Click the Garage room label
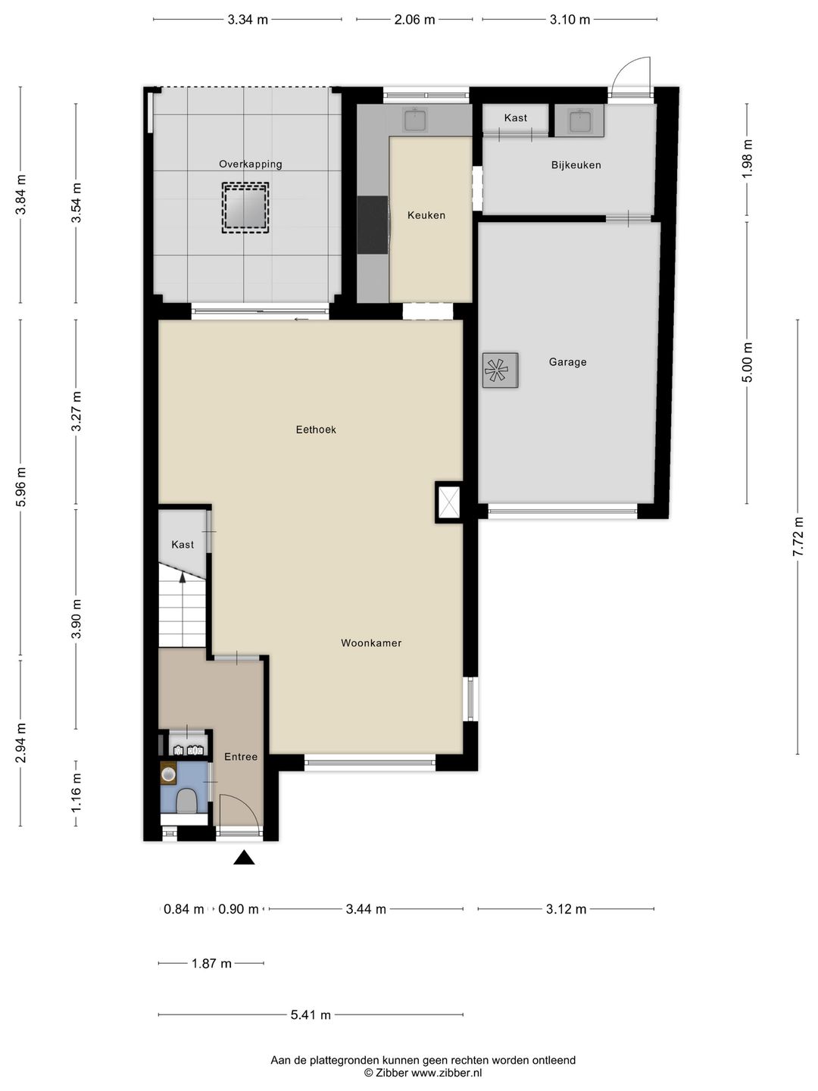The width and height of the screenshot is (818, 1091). coord(567,362)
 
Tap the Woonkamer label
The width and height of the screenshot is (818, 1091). coord(371,642)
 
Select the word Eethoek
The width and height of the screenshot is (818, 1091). coord(316,430)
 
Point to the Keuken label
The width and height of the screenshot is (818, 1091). coord(426,215)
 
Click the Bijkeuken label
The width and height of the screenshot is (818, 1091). coord(576,165)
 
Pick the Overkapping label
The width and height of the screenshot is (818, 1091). coord(250,164)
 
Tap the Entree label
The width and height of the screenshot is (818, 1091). coord(241,756)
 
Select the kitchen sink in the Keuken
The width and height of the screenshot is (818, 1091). coord(415,120)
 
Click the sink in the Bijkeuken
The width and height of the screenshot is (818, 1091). coord(579,120)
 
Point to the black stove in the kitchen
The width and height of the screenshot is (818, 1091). coord(373,225)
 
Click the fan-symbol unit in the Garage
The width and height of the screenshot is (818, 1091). coord(500,370)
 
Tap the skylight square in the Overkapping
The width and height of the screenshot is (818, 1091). coord(245,208)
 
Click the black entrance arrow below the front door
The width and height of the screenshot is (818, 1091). coord(244,858)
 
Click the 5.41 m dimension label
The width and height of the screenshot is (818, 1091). coord(311,1014)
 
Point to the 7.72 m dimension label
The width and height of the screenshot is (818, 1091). coord(798,537)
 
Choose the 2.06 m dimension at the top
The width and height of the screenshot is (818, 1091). coord(414,20)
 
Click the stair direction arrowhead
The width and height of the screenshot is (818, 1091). coord(183,577)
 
